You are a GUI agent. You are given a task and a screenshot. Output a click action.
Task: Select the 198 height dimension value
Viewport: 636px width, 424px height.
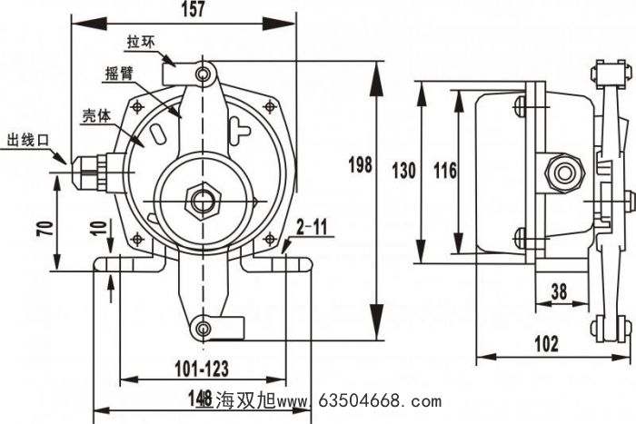coord(361,165)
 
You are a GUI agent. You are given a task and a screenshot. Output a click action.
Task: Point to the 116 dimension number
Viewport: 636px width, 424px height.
coord(444,170)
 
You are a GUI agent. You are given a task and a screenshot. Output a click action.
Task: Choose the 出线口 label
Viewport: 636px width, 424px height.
coord(26,139)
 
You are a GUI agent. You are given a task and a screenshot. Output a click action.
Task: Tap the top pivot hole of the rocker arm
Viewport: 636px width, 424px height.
coord(206,71)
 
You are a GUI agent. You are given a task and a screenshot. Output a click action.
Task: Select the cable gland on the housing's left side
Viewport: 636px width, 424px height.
coord(91,168)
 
